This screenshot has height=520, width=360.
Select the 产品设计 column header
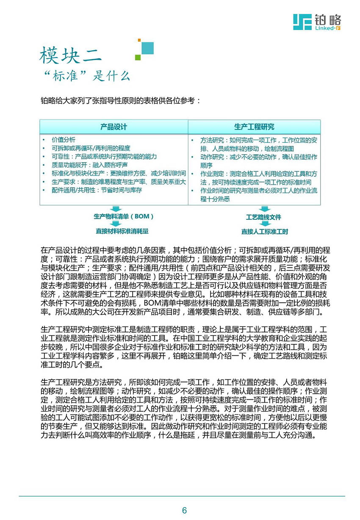click(114, 127)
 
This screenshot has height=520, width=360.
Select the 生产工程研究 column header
click(254, 127)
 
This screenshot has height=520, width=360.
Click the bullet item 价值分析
click(64, 139)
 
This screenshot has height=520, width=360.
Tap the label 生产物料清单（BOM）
click(123, 216)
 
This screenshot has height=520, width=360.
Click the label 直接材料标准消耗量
click(122, 231)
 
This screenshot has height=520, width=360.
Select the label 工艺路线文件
click(263, 217)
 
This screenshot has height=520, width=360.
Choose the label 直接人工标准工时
click(265, 232)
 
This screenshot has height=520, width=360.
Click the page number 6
click(184, 511)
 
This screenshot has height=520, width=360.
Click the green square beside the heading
click(138, 57)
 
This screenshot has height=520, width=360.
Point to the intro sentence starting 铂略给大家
click(118, 101)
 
